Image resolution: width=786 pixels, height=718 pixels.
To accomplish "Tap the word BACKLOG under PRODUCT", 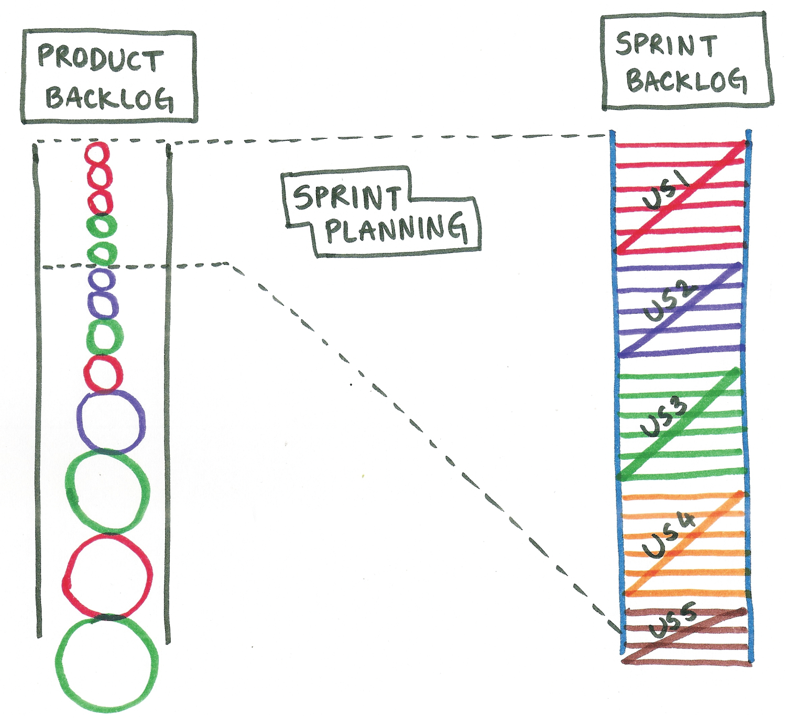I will (109, 98).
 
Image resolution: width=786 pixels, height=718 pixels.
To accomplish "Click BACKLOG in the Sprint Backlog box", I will (686, 81).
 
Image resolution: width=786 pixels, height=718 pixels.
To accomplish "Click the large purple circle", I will (111, 422).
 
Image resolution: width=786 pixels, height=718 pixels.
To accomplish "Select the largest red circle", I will (108, 575).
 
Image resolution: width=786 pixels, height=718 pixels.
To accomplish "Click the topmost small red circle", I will (97, 154).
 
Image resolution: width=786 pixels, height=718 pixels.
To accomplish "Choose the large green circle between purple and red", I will (107, 491).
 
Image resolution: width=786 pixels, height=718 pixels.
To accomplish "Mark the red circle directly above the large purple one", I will (103, 374).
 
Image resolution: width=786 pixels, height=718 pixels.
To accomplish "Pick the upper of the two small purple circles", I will (102, 280).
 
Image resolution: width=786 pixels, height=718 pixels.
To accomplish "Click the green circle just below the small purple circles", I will (105, 336).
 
